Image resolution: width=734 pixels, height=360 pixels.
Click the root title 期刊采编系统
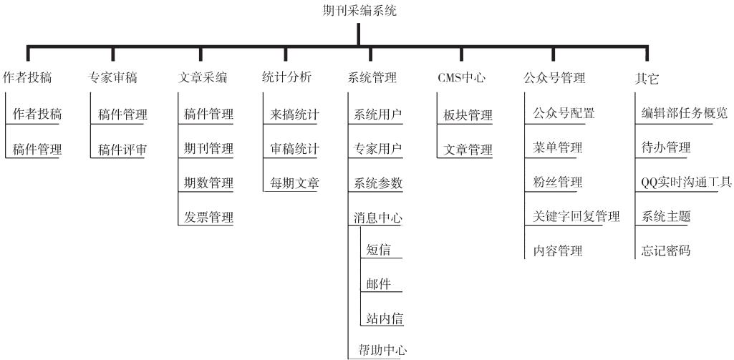(x=359, y=10)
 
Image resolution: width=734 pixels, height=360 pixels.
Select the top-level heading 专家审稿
(x=112, y=77)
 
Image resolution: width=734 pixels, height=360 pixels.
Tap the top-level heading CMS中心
(x=461, y=77)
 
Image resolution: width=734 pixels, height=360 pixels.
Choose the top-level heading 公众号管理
(x=554, y=77)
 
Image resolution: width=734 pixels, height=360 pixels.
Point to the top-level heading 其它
(x=647, y=78)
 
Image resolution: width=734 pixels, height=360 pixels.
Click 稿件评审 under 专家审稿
(x=122, y=150)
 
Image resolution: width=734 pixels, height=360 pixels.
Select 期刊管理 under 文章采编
(x=208, y=148)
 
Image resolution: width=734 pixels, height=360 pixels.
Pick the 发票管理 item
(x=208, y=217)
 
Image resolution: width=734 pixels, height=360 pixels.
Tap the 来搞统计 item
(x=294, y=114)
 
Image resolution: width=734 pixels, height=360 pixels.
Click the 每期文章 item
(x=294, y=183)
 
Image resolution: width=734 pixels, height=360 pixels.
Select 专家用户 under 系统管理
(x=378, y=148)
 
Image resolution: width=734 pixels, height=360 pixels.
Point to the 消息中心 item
(x=378, y=218)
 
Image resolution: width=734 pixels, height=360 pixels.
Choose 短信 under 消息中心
(x=378, y=250)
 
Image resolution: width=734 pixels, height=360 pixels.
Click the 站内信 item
(x=385, y=318)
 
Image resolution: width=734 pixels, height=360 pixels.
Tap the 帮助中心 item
(x=382, y=350)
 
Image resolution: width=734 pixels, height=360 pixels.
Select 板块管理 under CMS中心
(x=468, y=115)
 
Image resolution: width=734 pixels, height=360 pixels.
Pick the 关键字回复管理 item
(x=576, y=216)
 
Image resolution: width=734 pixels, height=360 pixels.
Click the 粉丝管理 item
(x=558, y=182)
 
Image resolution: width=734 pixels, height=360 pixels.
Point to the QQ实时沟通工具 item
(x=686, y=182)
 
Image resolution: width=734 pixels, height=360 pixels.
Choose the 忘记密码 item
(x=666, y=250)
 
